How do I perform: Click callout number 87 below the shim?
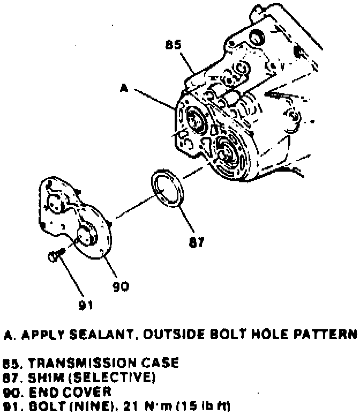196,242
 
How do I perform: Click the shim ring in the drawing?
168,188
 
